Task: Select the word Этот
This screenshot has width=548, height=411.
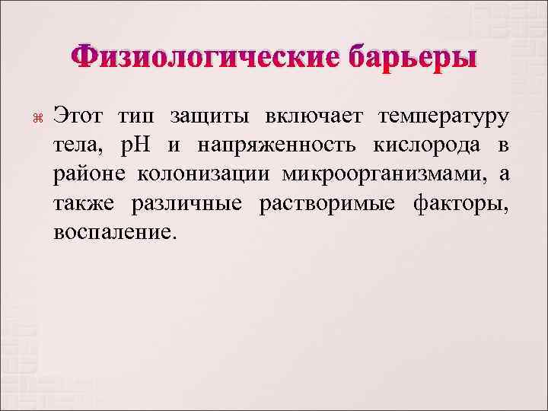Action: [79, 118]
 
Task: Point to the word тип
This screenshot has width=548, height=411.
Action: [135, 118]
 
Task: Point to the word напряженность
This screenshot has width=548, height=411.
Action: [266, 147]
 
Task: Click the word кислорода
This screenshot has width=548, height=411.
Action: [430, 147]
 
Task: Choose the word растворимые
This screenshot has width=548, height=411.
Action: [327, 203]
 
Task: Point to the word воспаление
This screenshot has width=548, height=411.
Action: [115, 232]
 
